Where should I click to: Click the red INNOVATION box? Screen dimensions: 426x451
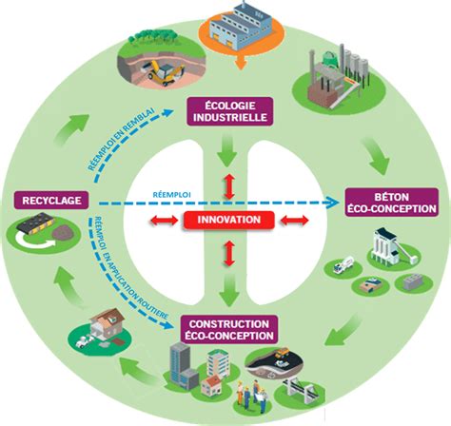point(227,220)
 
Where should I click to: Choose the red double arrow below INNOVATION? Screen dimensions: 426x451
point(227,255)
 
